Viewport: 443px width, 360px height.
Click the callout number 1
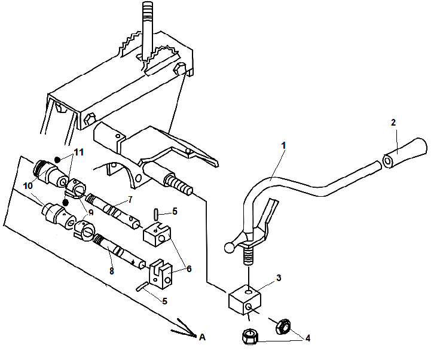tap(284, 145)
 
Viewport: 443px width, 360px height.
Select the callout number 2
tap(393, 123)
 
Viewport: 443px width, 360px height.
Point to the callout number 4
tap(307, 338)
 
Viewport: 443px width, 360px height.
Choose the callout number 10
tap(29, 186)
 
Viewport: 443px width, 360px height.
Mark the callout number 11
tap(78, 152)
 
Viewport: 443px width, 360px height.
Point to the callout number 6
tap(189, 269)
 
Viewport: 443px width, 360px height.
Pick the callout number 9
tap(91, 211)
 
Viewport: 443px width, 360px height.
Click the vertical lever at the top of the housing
tap(148, 27)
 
